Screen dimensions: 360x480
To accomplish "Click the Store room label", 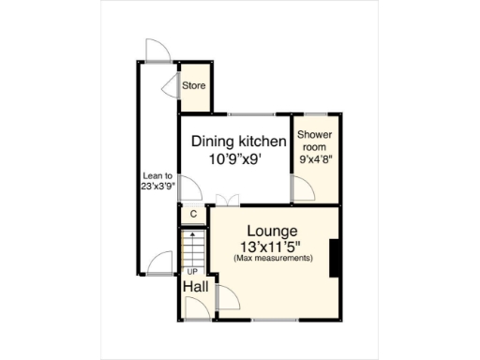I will pos(193,86).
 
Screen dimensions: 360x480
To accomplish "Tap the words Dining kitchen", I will pos(238,142).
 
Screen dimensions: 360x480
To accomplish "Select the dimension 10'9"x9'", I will pos(238,159).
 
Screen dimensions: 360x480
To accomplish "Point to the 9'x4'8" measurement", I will pos(315,159).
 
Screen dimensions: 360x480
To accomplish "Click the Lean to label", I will pos(157,174).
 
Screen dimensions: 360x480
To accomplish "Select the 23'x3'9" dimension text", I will pos(157,186).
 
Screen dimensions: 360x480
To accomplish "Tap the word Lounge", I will pos(272,231).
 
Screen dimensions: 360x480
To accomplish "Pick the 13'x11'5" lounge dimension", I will pos(272,246).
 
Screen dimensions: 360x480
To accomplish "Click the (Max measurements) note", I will pos(272,258).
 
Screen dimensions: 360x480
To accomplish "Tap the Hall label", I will pos(195,286).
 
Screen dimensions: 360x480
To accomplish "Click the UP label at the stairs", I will pos(192,271).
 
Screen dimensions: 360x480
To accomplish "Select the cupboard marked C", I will pos(193,214).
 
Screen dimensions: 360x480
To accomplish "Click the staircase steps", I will pos(192,248).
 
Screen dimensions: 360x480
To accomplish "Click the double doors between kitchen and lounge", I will pos(225,201).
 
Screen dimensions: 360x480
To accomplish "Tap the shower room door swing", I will pos(303,191).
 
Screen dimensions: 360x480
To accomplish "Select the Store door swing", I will pos(172,87).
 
